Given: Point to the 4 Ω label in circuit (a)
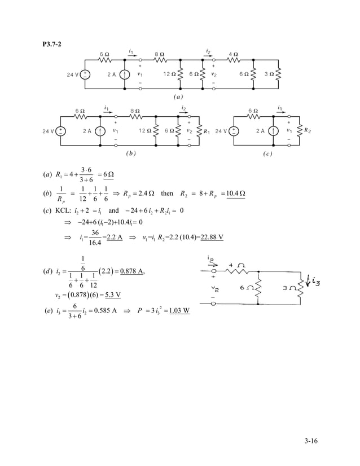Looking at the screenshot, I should (x=232, y=55).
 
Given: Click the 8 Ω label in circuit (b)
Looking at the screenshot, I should (x=135, y=111).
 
